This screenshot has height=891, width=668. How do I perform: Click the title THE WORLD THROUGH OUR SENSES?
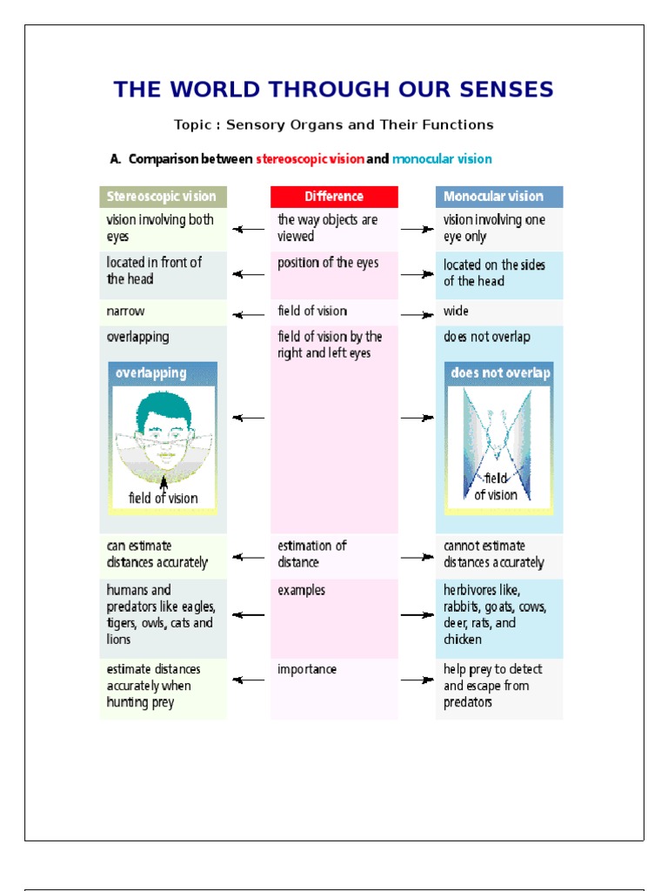[x=333, y=90]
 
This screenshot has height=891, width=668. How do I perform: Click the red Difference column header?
[x=334, y=197]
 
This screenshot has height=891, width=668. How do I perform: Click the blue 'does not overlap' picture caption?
[x=500, y=373]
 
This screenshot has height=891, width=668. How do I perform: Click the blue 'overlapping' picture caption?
[x=151, y=373]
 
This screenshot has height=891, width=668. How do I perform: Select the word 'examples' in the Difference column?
[x=302, y=590]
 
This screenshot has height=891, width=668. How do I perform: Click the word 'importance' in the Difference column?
[x=307, y=669]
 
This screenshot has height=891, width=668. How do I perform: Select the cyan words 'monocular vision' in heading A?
[x=442, y=159]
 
